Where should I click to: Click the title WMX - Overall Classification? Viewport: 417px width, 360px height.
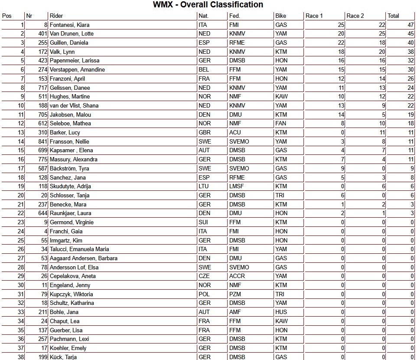pyautogui.click(x=208, y=5)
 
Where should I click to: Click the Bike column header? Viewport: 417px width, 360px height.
pyautogui.click(x=280, y=16)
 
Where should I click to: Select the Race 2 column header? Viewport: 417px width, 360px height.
pyautogui.click(x=355, y=16)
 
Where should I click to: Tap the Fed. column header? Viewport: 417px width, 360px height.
pyautogui.click(x=235, y=16)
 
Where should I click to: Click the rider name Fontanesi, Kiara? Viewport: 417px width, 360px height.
pyautogui.click(x=69, y=25)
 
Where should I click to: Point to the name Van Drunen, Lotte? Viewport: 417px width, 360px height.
pyautogui.click(x=72, y=34)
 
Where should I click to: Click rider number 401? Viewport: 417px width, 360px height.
pyautogui.click(x=42, y=34)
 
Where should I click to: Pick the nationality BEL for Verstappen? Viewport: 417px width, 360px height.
pyautogui.click(x=203, y=70)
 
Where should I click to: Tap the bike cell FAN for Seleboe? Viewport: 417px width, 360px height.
pyautogui.click(x=280, y=124)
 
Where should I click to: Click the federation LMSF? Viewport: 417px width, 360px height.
pyautogui.click(x=237, y=187)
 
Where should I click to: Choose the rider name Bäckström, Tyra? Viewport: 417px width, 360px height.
pyautogui.click(x=69, y=168)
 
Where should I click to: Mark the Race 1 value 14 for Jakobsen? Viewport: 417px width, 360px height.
pyautogui.click(x=341, y=115)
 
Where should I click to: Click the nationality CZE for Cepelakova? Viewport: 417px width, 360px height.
pyautogui.click(x=204, y=276)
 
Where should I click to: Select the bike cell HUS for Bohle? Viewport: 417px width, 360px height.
pyautogui.click(x=281, y=312)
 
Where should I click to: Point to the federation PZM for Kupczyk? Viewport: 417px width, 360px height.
pyautogui.click(x=235, y=294)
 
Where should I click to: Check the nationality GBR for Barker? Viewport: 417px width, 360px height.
pyautogui.click(x=204, y=133)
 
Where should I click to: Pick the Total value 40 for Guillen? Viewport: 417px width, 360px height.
pyautogui.click(x=410, y=43)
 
